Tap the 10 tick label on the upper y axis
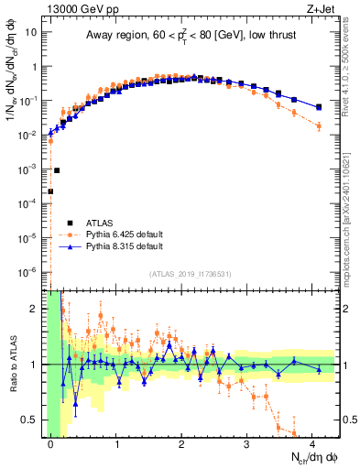tap(31, 33)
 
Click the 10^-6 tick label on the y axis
tap(29, 272)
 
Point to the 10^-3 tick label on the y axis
tap(29, 169)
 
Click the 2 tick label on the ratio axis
tap(36, 309)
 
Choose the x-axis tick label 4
tap(312, 442)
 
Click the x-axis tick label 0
tap(50, 442)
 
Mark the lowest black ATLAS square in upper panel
tap(50, 191)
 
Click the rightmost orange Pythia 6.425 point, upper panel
tap(319, 126)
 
